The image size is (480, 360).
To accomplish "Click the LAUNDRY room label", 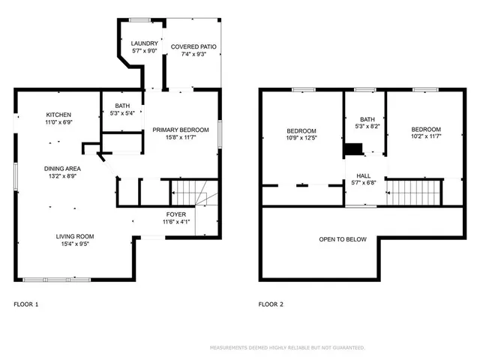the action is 145,43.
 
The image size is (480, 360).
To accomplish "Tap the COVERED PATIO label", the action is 193,46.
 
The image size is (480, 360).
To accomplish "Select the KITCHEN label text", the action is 58,115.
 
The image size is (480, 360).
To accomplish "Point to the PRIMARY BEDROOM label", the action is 181,130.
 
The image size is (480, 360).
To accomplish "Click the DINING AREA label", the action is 62,169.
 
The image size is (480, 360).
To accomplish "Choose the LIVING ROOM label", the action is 75,236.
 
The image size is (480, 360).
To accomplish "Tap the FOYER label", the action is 176,214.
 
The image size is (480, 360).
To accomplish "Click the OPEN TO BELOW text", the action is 343,239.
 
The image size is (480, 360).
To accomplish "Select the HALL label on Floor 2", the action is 363,175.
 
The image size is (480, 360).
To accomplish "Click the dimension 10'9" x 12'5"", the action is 301,138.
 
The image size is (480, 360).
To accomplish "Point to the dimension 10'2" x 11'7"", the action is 426,136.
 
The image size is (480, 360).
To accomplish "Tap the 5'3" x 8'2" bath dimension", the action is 367,127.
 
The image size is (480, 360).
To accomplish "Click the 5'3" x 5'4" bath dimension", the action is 122,113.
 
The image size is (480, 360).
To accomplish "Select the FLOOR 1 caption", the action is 26,304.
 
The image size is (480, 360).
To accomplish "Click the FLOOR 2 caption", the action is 271,304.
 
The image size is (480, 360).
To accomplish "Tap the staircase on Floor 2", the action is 413,193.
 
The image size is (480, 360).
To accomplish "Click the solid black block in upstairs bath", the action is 354,149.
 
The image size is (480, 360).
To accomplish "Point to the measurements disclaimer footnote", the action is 287,348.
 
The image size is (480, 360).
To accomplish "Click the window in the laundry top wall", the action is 139,20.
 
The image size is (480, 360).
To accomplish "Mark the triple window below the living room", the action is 57,280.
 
